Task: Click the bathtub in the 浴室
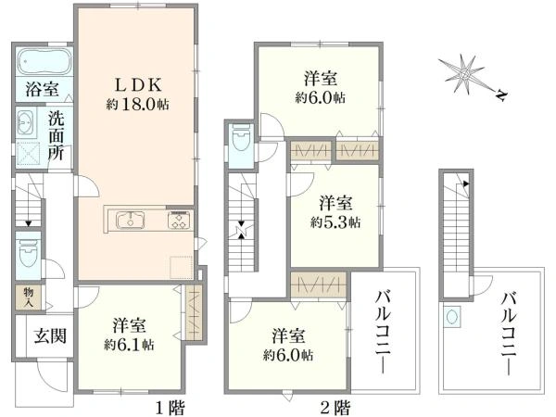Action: click(x=44, y=62)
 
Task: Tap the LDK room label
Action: click(x=137, y=84)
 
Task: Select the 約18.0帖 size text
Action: click(x=137, y=104)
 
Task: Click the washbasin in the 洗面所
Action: click(x=25, y=122)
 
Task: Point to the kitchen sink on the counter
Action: click(x=131, y=221)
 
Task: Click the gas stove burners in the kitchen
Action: click(x=179, y=221)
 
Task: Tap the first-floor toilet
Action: click(x=28, y=254)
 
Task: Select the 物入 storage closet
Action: click(x=29, y=297)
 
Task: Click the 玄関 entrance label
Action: click(x=50, y=335)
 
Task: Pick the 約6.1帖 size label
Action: click(x=129, y=345)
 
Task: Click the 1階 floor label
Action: click(x=171, y=407)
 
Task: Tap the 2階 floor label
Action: click(x=335, y=407)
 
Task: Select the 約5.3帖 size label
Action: click(x=335, y=222)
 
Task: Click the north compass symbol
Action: click(x=472, y=77)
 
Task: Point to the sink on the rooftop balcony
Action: click(x=451, y=317)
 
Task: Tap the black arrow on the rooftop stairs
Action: click(x=465, y=183)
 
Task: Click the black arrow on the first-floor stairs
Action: click(x=29, y=223)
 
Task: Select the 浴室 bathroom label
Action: click(x=43, y=89)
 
